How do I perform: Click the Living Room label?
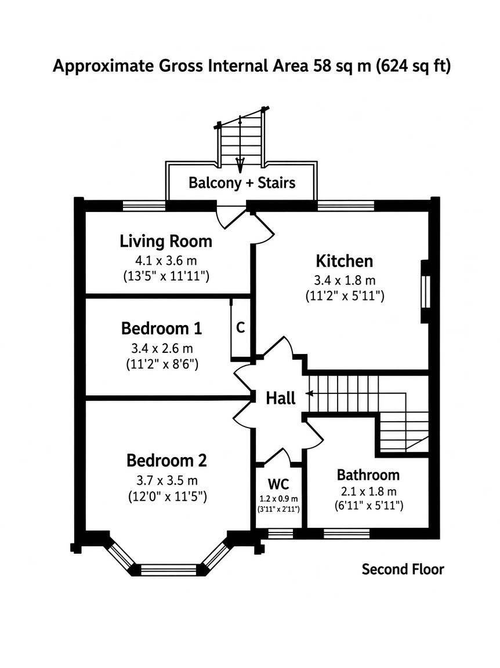click(x=165, y=241)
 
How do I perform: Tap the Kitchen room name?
click(x=345, y=261)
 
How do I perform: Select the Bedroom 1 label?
click(x=161, y=328)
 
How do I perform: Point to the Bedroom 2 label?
click(x=166, y=461)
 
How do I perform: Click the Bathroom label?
click(x=368, y=474)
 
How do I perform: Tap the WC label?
click(x=278, y=484)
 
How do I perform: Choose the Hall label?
click(x=281, y=398)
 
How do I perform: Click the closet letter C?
click(x=241, y=327)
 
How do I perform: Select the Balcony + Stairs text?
click(x=242, y=182)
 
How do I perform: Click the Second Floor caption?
click(x=403, y=569)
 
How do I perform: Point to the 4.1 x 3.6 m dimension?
click(x=166, y=260)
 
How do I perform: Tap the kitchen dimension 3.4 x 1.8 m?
click(x=345, y=280)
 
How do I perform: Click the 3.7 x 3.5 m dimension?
click(x=167, y=480)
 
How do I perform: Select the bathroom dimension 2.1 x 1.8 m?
click(x=368, y=492)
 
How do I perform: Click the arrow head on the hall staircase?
click(x=309, y=393)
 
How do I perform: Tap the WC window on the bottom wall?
click(x=280, y=534)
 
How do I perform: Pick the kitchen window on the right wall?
click(x=425, y=292)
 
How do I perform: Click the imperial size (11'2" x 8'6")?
click(x=162, y=364)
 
